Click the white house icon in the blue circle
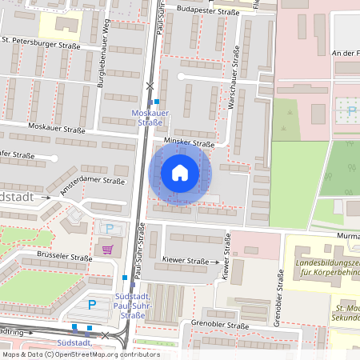tap(180, 173)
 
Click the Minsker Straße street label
tap(189, 142)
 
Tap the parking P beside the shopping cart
tap(108, 229)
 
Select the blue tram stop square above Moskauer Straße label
tap(158, 101)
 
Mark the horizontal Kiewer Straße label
tap(186, 261)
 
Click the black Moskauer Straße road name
tap(56, 126)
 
